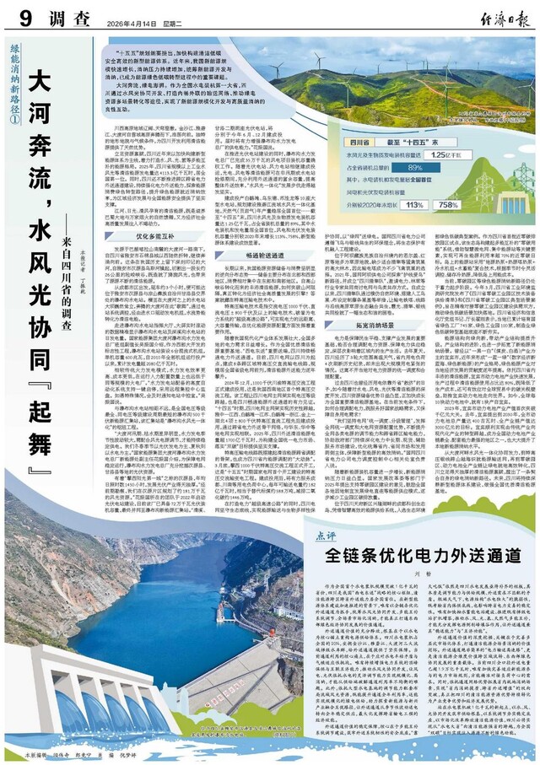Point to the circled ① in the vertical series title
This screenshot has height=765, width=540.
[12, 121]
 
